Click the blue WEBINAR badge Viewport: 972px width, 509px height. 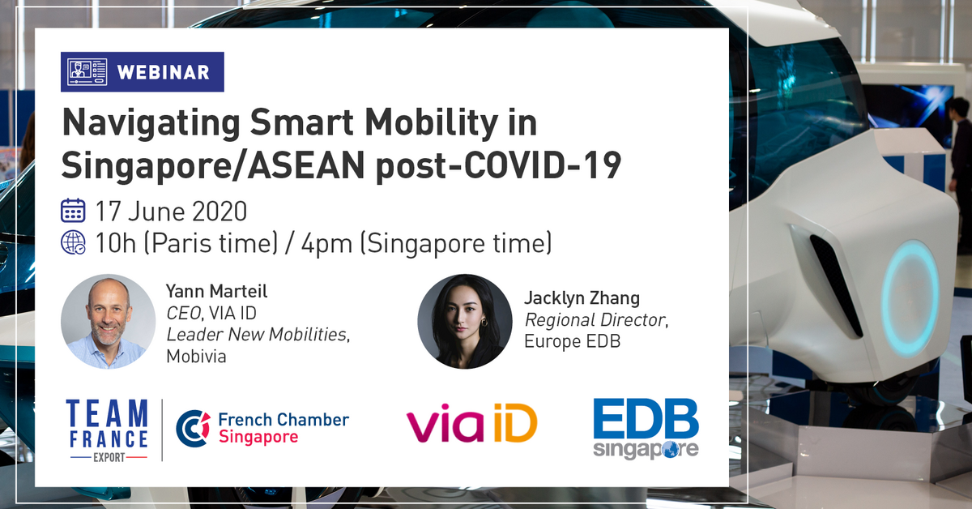pos(143,72)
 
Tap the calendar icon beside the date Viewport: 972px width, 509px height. pos(73,211)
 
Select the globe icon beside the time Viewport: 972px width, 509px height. pos(73,242)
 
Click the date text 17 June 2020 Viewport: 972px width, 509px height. pos(171,212)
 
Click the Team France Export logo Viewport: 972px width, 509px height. pos(107,430)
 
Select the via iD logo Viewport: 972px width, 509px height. pos(471,426)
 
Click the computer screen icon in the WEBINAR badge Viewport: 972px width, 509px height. pos(87,72)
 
